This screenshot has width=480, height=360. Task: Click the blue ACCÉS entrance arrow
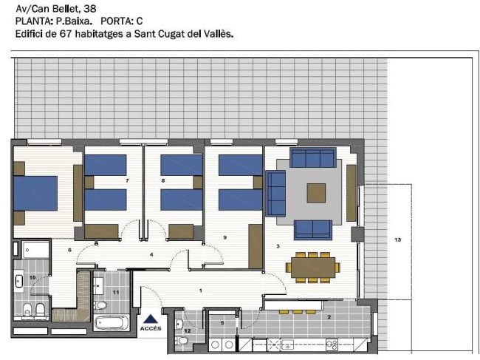(x=150, y=318)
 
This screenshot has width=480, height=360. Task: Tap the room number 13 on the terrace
(x=397, y=240)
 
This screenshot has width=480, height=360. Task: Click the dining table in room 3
(x=314, y=267)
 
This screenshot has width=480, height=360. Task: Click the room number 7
(x=127, y=180)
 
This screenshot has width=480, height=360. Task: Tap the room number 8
(x=162, y=180)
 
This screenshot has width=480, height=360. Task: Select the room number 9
(x=224, y=237)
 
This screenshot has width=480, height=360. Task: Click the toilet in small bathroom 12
(x=182, y=340)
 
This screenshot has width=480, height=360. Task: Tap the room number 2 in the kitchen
(x=329, y=317)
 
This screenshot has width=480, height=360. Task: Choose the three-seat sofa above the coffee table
(x=313, y=158)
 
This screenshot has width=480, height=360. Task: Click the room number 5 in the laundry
(x=222, y=323)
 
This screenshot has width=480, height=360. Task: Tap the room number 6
(x=69, y=251)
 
